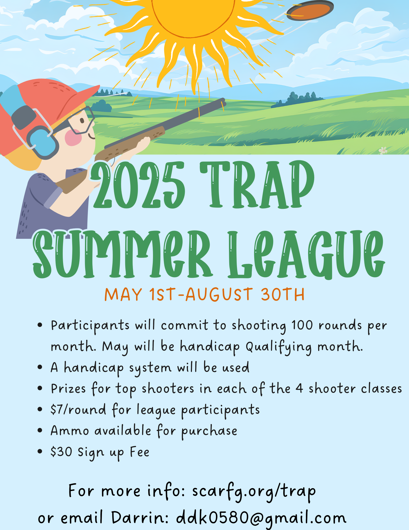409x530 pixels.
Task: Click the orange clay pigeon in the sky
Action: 310,10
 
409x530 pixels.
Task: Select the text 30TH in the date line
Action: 283,294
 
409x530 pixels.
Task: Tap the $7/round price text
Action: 78,409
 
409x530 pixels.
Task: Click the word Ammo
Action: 70,431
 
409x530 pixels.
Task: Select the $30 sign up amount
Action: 61,452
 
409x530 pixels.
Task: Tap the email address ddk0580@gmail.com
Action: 261,518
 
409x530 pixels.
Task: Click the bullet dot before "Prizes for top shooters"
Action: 40,388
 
